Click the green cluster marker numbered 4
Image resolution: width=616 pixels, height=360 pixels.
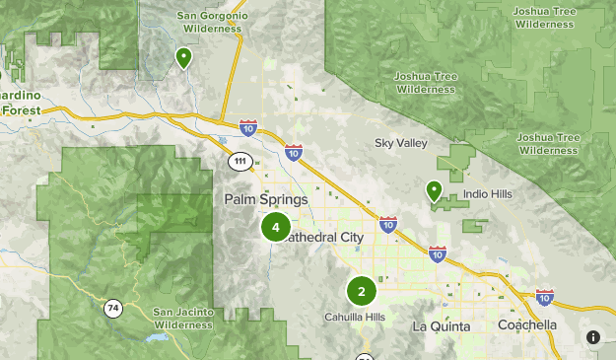(x=275, y=227)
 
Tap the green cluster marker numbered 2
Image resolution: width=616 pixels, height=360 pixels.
(x=362, y=291)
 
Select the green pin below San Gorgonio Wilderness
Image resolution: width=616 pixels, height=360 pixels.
(x=182, y=58)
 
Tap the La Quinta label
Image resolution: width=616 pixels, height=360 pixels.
(x=441, y=326)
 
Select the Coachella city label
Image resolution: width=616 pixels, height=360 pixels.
(x=527, y=325)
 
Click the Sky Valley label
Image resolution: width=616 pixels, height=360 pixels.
(x=401, y=144)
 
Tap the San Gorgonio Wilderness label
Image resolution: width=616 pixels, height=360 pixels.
(x=208, y=23)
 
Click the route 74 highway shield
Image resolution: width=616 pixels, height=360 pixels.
(x=113, y=309)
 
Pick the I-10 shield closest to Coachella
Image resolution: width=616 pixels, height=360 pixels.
(x=544, y=296)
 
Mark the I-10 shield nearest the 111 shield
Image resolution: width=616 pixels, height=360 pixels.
(x=247, y=128)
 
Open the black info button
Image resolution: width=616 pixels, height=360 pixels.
(x=593, y=337)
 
